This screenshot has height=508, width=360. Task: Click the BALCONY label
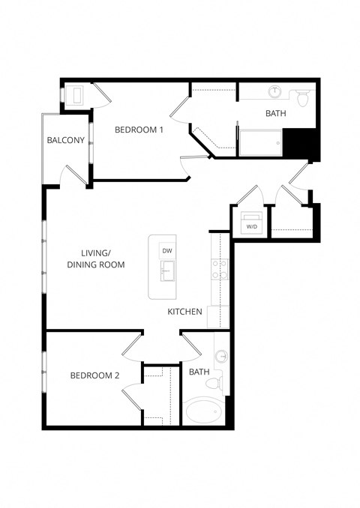click(x=65, y=140)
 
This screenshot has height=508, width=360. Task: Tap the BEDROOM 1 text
click(x=139, y=130)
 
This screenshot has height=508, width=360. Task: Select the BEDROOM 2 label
click(x=95, y=375)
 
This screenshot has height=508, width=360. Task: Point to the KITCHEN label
click(x=184, y=311)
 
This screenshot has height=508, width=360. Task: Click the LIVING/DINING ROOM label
click(x=96, y=259)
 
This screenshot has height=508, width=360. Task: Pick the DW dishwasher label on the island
click(x=167, y=250)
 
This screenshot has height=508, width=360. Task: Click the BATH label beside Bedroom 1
click(x=276, y=114)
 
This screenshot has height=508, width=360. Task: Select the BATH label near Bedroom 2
click(x=199, y=372)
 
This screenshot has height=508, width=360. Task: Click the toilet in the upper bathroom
click(x=303, y=97)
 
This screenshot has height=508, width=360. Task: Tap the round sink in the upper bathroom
click(x=275, y=93)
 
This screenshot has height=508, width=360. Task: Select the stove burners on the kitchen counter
click(x=220, y=269)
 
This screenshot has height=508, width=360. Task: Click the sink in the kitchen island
click(x=166, y=270)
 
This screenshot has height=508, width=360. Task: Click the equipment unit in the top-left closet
click(x=76, y=96)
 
